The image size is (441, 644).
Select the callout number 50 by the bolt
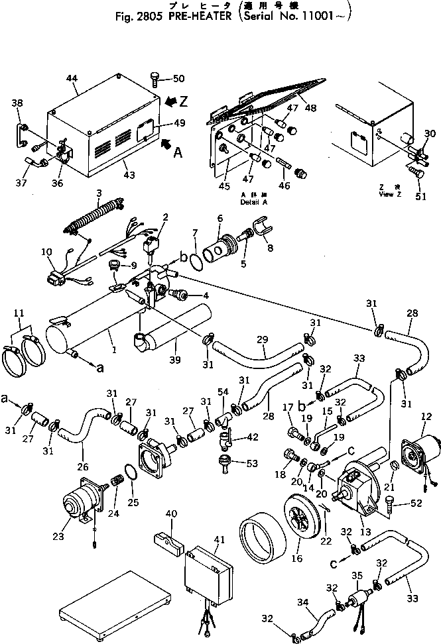[178, 79]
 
